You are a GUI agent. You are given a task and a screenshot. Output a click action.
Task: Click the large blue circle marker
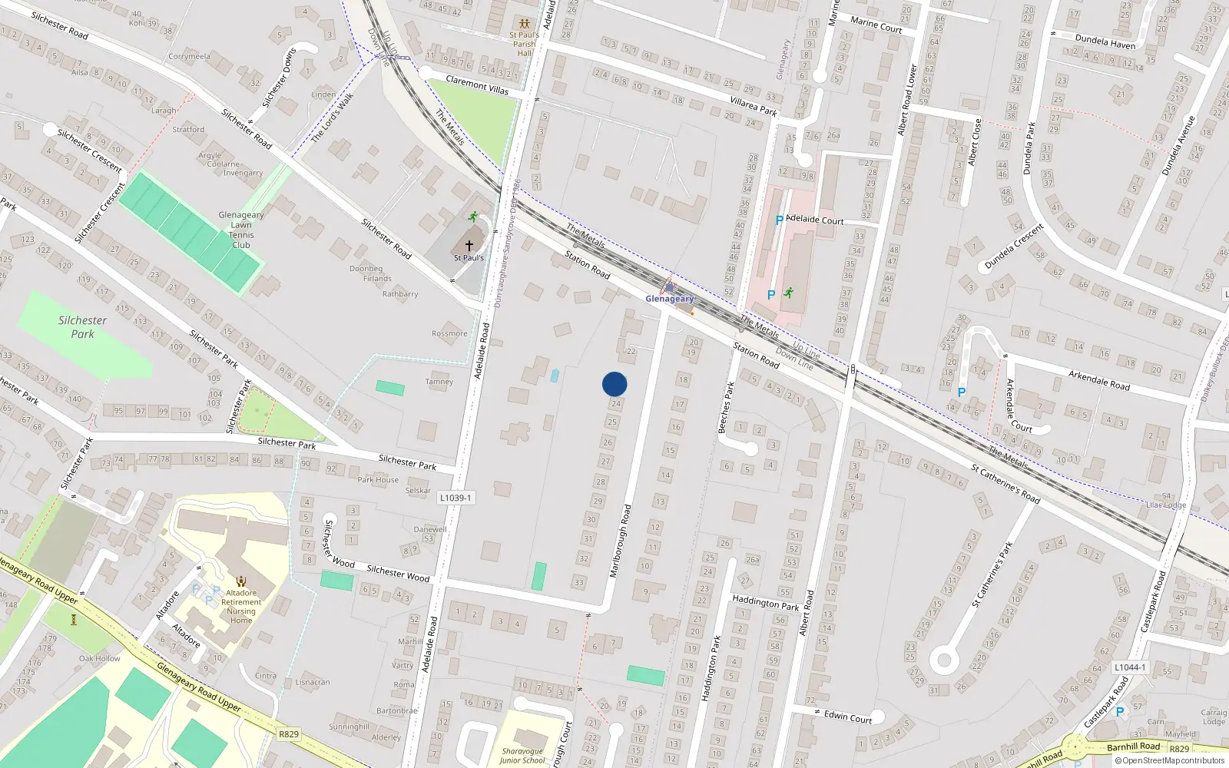(614, 384)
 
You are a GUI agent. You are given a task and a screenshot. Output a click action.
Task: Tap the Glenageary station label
(669, 299)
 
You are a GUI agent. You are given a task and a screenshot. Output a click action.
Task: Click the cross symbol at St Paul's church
(469, 246)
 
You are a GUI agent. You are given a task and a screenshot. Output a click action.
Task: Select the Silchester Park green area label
(83, 327)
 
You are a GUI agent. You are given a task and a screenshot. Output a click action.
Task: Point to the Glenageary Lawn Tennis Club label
(241, 230)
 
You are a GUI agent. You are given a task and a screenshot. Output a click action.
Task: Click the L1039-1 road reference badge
(455, 498)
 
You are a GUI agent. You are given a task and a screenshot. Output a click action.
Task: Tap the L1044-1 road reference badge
(1129, 667)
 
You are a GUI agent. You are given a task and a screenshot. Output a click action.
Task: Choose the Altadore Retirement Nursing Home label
(241, 607)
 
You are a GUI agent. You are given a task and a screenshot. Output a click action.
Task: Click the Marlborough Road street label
(620, 541)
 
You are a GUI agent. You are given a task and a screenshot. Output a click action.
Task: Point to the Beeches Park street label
(726, 407)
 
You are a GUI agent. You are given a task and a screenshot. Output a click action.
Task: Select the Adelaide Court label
(814, 220)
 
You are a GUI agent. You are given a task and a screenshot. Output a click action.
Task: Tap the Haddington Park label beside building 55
(765, 603)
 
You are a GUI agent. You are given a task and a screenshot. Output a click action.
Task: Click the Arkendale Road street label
(1098, 379)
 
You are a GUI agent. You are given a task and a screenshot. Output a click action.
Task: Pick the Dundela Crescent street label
(1014, 246)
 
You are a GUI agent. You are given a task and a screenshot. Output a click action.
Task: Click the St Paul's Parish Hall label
(525, 44)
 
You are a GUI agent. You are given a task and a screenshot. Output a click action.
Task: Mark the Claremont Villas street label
(477, 84)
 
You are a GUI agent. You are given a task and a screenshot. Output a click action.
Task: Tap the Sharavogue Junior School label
(522, 756)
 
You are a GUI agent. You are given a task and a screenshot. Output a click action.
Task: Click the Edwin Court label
(848, 717)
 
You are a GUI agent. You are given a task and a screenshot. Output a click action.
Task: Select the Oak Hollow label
(100, 658)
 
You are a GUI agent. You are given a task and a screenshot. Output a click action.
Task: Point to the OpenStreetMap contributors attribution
(1173, 761)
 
